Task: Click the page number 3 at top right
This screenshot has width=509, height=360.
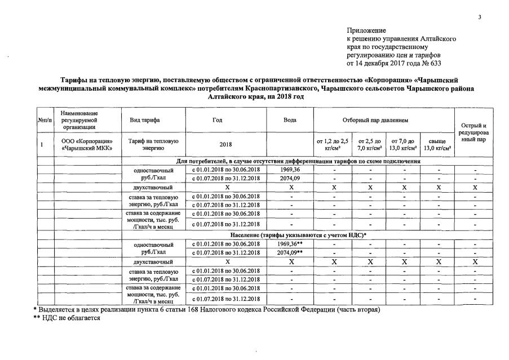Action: (480, 17)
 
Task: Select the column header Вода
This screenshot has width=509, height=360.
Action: (290, 121)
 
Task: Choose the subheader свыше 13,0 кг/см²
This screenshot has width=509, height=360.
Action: (437, 145)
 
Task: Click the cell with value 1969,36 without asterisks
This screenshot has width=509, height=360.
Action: (290, 170)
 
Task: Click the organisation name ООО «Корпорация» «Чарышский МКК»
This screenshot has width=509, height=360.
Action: (83, 145)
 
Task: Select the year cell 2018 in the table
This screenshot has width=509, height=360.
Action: (225, 145)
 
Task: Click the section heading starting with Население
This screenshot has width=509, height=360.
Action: (298, 234)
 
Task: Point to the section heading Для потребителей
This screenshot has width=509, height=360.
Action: (298, 162)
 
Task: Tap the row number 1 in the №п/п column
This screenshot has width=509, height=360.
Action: (42, 145)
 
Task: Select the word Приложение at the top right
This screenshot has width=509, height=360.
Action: (366, 30)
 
